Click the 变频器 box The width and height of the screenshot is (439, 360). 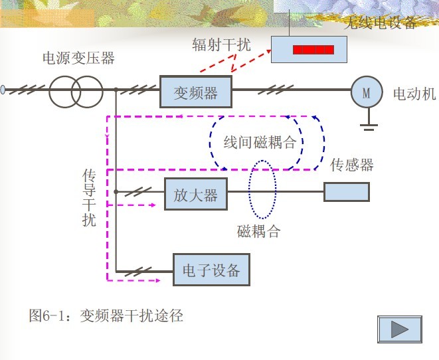pos(196,92)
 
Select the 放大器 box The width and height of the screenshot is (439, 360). pos(195,195)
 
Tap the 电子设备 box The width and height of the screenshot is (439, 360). pos(211,270)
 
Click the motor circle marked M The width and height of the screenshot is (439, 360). pos(367,92)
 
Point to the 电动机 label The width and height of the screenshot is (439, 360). pos(414,93)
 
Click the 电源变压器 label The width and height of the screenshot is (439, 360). pos(78,58)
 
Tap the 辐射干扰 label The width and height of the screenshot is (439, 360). pos(222,45)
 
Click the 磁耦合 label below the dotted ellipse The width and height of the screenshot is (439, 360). pos(258,232)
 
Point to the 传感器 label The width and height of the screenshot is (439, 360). pos(352,164)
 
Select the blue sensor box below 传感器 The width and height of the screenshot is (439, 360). pos(346,192)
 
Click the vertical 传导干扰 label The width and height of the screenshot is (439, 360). pos(89,197)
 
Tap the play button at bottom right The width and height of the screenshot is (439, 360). pos(399,328)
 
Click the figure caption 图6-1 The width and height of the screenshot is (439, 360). pos(106,315)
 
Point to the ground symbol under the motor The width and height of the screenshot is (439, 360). pos(367,122)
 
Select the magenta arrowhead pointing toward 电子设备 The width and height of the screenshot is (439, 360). pos(157,280)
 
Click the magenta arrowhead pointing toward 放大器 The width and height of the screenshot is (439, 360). pos(152,205)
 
